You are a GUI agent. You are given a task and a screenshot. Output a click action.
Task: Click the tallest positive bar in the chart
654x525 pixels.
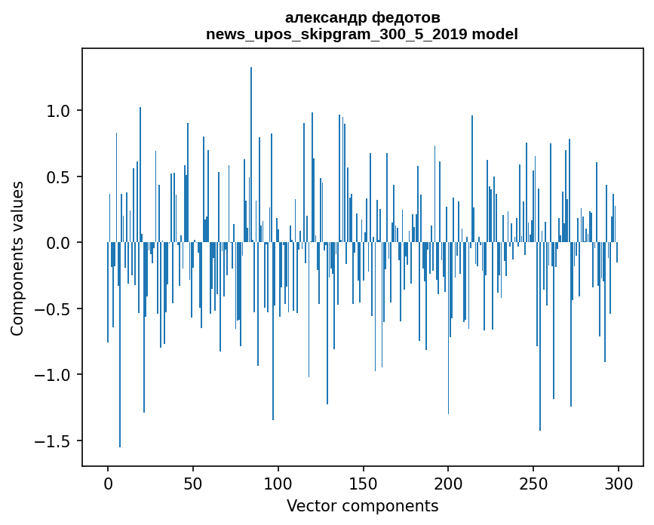point(250,155)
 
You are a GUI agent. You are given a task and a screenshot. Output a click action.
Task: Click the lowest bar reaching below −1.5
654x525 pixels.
point(120,345)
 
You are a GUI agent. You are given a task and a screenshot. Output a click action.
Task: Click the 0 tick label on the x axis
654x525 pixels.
point(108,484)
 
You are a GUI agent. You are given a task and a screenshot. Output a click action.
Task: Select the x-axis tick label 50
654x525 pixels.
point(192,484)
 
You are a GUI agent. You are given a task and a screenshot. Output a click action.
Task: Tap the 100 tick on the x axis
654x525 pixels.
point(278,484)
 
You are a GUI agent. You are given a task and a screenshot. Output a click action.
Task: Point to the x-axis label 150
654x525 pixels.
point(363,484)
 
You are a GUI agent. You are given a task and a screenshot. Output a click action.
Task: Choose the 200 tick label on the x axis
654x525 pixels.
point(448,484)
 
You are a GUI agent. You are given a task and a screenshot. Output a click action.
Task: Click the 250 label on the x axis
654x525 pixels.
point(533,484)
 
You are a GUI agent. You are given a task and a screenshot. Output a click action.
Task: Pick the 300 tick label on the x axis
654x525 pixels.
point(618,484)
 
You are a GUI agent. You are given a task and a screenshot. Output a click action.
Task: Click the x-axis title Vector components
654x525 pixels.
point(362,506)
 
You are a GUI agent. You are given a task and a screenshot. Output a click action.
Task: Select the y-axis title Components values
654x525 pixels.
point(17,259)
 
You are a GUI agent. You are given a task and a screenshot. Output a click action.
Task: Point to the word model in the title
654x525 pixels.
point(495,34)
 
